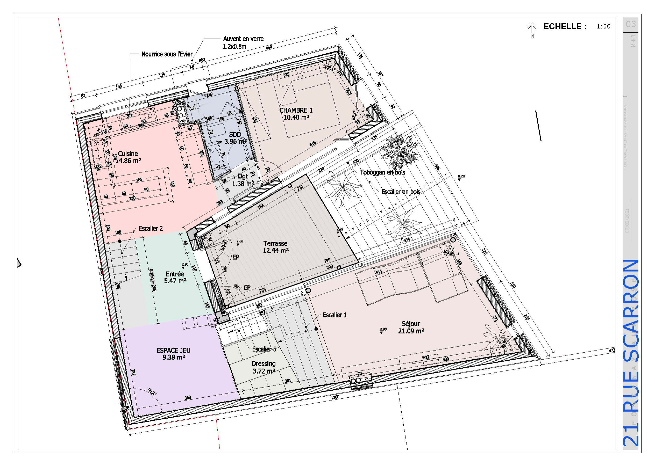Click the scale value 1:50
pos(603,26)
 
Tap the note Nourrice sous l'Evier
pos(167,54)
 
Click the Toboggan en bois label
pos(382,172)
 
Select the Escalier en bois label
pos(401,192)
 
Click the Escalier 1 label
pos(334,315)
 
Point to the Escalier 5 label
pos(264,349)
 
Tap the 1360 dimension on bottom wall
pos(335,397)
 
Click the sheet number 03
pos(631,24)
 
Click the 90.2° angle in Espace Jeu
pos(152,391)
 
